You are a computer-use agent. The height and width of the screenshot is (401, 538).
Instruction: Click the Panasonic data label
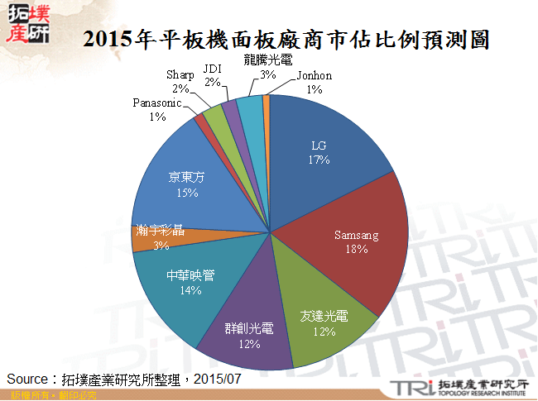point(157,110)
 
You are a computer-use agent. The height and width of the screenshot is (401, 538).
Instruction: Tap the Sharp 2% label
point(180,81)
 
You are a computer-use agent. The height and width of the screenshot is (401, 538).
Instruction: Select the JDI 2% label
point(212,76)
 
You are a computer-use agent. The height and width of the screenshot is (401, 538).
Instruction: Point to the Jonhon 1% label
point(314,82)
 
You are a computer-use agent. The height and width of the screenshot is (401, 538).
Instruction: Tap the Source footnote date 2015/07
point(221,378)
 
